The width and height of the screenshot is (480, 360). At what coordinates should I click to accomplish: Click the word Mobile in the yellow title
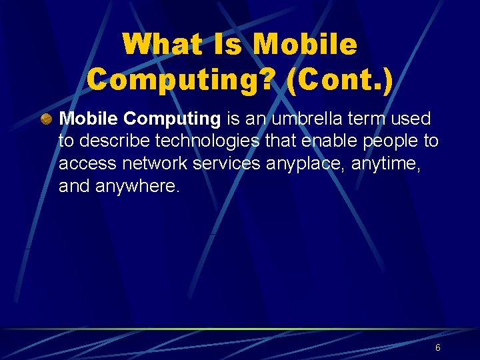coord(305,45)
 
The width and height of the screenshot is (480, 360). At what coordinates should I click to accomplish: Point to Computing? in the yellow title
coord(173,79)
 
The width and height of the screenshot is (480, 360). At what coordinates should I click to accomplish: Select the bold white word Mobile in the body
coord(89,119)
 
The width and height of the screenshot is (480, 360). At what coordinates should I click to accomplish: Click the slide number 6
coord(438,347)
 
